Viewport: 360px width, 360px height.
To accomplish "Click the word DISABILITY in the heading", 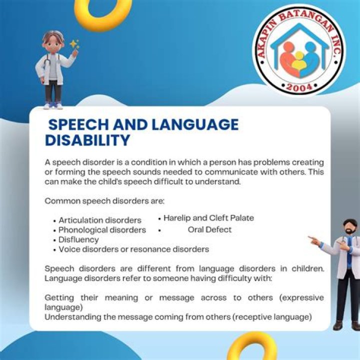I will tap(87, 140).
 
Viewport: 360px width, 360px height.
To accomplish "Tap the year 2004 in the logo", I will tap(299, 88).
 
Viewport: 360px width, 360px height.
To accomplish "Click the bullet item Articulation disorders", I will tap(100, 220).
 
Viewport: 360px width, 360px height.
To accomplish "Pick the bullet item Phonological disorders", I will tap(102, 230).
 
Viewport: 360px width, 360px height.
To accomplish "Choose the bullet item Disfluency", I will tap(78, 239).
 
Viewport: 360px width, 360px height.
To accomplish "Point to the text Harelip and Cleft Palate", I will tap(208, 218).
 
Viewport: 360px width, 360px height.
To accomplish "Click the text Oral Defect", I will tap(210, 229).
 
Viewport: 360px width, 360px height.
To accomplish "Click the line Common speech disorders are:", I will tap(104, 201).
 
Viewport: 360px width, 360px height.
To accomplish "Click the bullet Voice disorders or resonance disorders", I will tap(133, 249).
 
